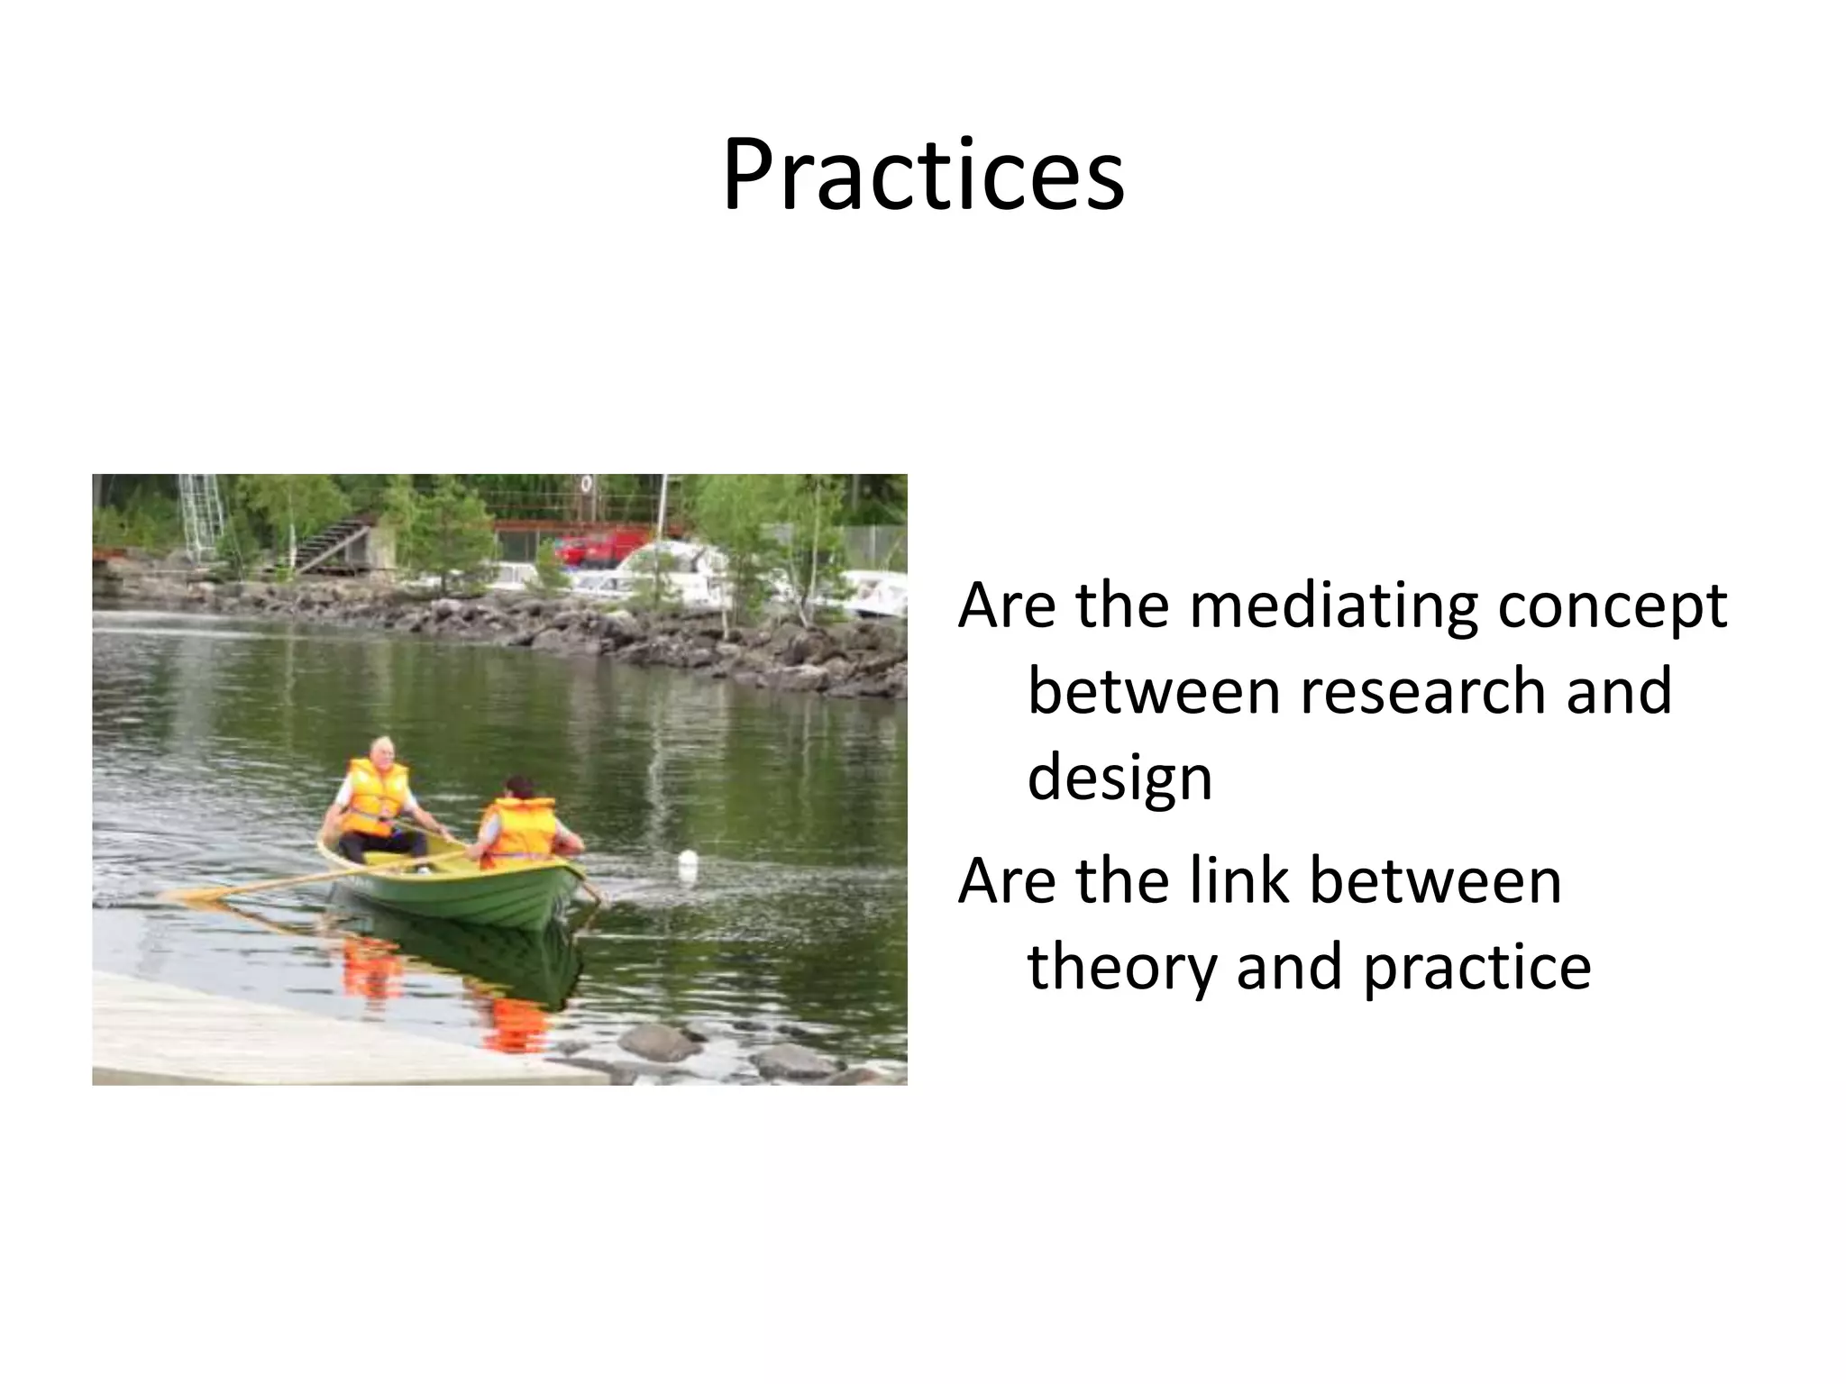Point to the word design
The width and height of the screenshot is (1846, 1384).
[1119, 779]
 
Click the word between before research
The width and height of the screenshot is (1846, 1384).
[1156, 691]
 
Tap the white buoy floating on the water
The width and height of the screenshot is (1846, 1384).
[689, 863]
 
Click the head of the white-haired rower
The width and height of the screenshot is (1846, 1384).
[382, 751]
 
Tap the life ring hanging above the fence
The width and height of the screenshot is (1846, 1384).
[587, 484]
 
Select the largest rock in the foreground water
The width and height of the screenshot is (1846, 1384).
[660, 1042]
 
